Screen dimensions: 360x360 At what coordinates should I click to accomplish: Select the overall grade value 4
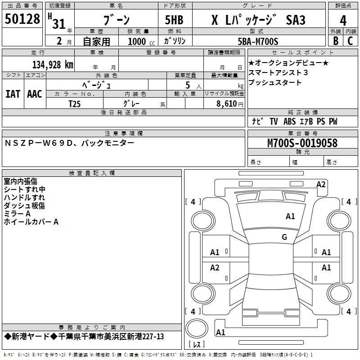coord(343,21)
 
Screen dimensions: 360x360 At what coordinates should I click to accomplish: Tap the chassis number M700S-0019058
coord(302,143)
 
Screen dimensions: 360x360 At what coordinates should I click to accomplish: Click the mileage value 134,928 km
coord(53,65)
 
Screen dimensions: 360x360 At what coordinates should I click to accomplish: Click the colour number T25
coord(75,103)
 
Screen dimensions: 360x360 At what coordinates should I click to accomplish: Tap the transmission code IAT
coord(13,94)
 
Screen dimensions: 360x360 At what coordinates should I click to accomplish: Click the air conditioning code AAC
coord(35,94)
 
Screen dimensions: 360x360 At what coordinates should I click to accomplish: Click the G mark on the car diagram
coord(284,237)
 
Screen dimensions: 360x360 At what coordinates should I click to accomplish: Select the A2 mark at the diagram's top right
coord(321,184)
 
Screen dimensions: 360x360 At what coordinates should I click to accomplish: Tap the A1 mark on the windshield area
coord(290,216)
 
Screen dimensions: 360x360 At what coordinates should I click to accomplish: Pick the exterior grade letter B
coord(335,41)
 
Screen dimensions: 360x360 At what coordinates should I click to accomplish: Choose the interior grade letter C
coord(350,41)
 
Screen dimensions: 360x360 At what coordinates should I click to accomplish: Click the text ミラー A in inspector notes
coord(17,213)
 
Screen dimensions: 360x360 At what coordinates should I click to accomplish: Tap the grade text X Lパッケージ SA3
coord(258,21)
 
